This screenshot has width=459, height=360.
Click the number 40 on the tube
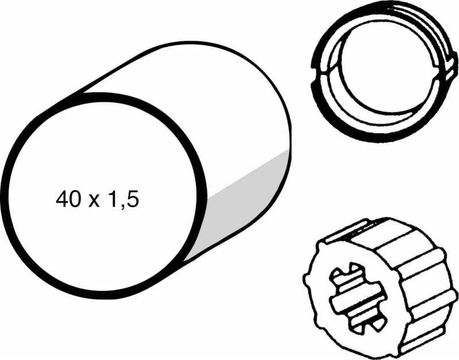coord(68,199)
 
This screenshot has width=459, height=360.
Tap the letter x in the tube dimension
coord(94,202)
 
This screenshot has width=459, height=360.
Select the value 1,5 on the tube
coord(123,200)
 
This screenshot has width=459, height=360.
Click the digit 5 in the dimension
coord(133,199)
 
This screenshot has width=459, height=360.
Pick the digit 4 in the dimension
coord(61,199)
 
